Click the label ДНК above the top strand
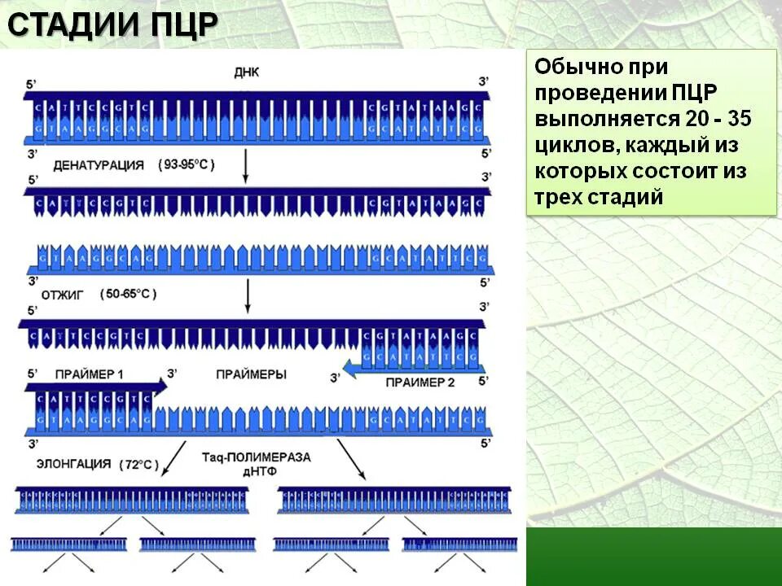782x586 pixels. pyautogui.click(x=245, y=72)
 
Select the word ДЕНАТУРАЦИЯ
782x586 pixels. pyautogui.click(x=99, y=165)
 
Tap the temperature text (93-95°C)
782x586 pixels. pyautogui.click(x=187, y=164)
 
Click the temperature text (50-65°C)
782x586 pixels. pyautogui.click(x=129, y=294)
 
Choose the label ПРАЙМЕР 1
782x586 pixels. pyautogui.click(x=90, y=374)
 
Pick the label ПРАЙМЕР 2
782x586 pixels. pyautogui.click(x=420, y=382)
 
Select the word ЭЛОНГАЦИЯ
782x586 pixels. pyautogui.click(x=73, y=464)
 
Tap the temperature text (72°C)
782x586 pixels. pyautogui.click(x=139, y=465)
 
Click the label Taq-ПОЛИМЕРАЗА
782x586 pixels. pyautogui.click(x=256, y=457)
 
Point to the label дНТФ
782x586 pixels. pyautogui.click(x=256, y=470)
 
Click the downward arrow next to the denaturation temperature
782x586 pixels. pyautogui.click(x=245, y=167)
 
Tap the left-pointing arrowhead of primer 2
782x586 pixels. pyautogui.click(x=347, y=370)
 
